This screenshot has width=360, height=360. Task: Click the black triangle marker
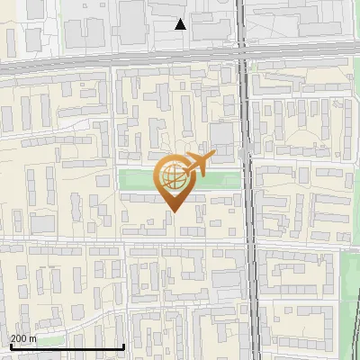click(x=181, y=24)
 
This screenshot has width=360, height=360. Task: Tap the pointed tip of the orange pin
click(x=173, y=211)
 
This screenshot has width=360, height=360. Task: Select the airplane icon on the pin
click(x=195, y=165)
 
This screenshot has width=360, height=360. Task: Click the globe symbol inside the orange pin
click(x=173, y=179)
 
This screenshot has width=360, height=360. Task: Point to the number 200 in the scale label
click(x=19, y=338)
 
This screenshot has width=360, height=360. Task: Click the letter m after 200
click(x=32, y=338)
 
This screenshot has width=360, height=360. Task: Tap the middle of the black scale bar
click(x=67, y=347)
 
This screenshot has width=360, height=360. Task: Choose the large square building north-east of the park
click(x=221, y=138)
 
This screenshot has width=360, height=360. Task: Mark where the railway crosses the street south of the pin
click(x=248, y=241)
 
